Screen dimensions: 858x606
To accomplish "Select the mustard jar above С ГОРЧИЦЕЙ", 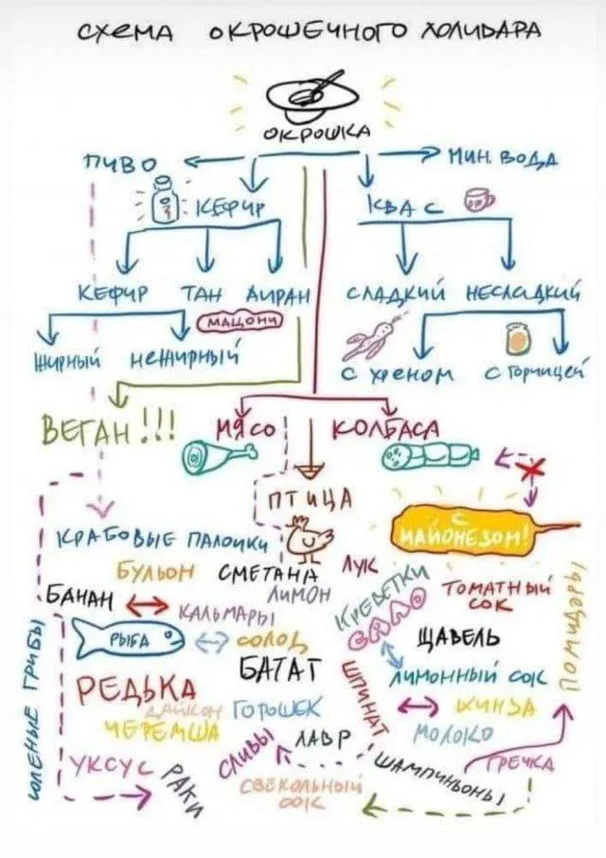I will tap(517, 338).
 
